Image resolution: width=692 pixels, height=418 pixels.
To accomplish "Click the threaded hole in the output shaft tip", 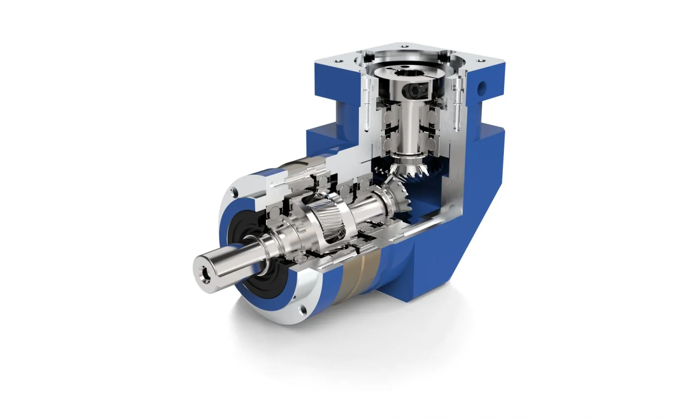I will click(x=202, y=273).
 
